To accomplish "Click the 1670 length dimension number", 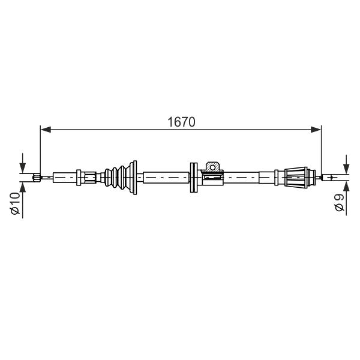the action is (x=181, y=122).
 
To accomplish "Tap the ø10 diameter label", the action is (x=16, y=203).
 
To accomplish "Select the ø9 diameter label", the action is (x=340, y=202).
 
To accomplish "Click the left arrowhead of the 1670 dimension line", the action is (x=46, y=130).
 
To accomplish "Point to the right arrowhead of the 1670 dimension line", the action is (x=316, y=130).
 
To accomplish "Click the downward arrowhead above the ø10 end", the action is (x=23, y=168).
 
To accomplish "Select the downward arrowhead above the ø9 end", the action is (x=346, y=169).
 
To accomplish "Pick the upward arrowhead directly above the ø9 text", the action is (x=346, y=187).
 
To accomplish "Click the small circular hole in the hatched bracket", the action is (x=212, y=167).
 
